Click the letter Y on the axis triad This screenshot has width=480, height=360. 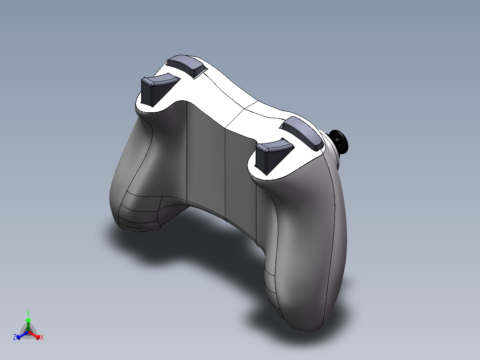coord(28,313)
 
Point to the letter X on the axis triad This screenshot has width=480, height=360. coord(42,338)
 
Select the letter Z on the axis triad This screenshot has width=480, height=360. coord(15,338)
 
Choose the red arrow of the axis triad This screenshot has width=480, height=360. coord(36,335)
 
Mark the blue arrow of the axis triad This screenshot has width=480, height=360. coord(21,335)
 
